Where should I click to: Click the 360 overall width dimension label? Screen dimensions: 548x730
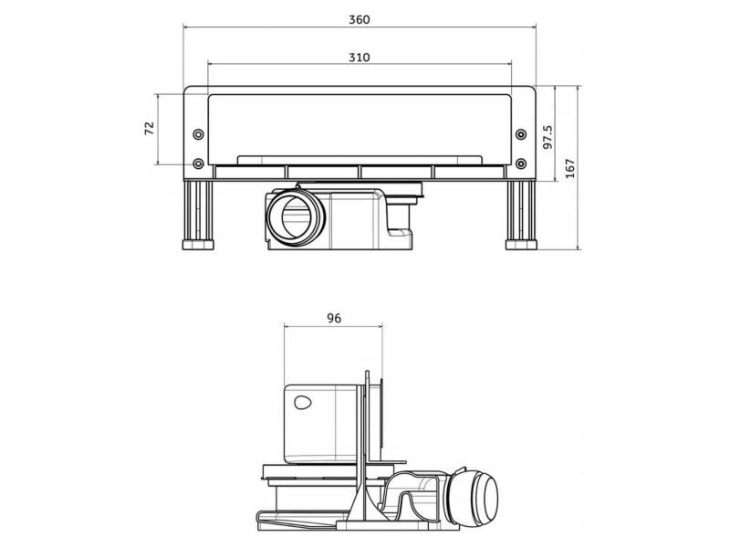tap(360, 19)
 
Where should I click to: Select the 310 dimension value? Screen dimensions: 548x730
tap(360, 57)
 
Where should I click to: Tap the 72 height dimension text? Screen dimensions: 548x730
tap(149, 129)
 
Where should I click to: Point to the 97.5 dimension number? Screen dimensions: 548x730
tap(547, 137)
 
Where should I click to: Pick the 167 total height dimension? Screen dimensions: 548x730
tap(570, 168)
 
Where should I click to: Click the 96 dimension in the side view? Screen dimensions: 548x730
tap(333, 318)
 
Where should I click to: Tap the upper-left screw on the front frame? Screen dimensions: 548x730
tap(198, 135)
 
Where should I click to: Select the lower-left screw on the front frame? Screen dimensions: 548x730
tap(198, 163)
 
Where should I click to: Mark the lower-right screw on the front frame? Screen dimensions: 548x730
tap(521, 163)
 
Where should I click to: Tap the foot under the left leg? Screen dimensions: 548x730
tap(199, 246)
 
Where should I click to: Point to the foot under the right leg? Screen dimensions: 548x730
tap(521, 246)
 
